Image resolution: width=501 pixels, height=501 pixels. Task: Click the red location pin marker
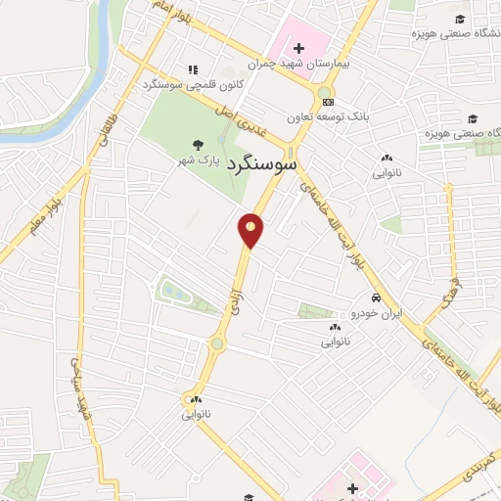[251, 229]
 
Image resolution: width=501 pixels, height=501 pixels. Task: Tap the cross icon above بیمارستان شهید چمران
[298, 47]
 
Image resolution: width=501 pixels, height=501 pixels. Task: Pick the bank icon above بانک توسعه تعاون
[327, 103]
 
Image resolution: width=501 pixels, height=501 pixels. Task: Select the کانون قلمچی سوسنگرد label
[192, 84]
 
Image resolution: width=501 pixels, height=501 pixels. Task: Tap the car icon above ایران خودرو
[374, 297]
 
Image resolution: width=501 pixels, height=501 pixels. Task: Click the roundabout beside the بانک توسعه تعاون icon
[322, 94]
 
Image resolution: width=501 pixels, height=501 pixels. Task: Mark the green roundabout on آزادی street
[216, 343]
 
